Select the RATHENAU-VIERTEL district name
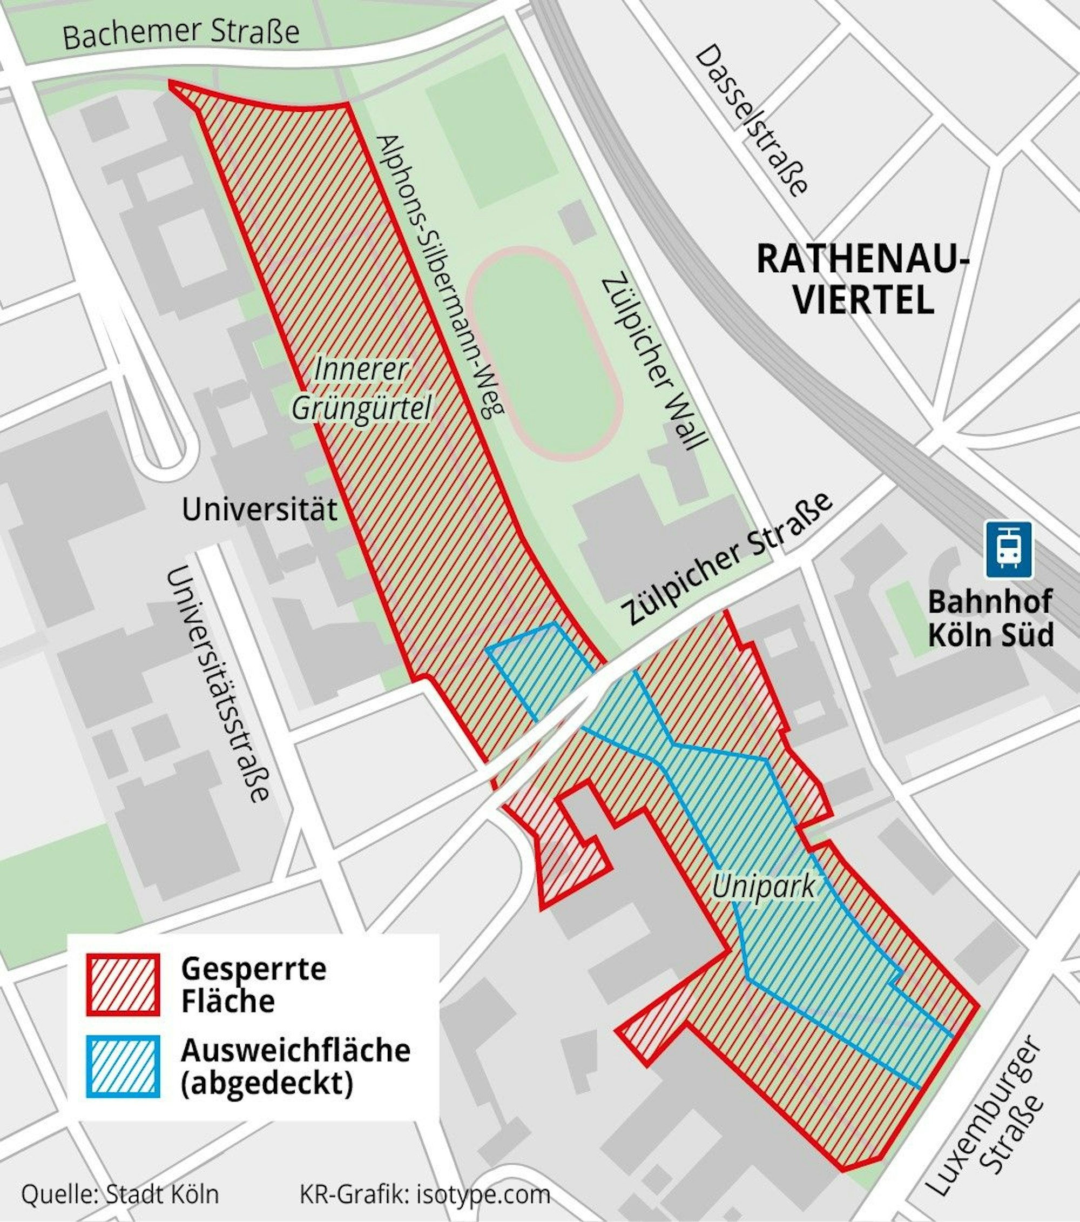tap(863, 280)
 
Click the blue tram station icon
tap(1009, 549)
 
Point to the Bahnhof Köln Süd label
tap(990, 618)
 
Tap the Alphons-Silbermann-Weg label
tap(440, 276)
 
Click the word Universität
tap(259, 510)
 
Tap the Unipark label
tap(763, 887)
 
